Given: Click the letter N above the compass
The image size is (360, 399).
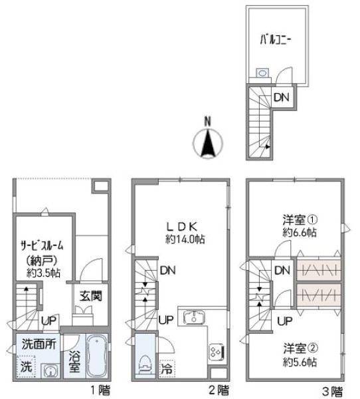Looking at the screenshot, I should [x=207, y=122].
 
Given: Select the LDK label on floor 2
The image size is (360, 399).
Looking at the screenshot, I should [x=182, y=224].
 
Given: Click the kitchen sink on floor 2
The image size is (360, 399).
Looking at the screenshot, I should [x=193, y=317].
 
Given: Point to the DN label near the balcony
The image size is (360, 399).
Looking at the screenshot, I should [x=282, y=97].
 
